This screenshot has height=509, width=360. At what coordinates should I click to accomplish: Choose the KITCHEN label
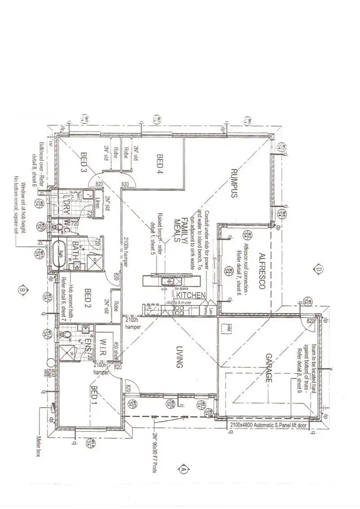191,295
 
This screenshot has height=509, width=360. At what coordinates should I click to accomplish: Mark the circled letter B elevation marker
22,290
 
